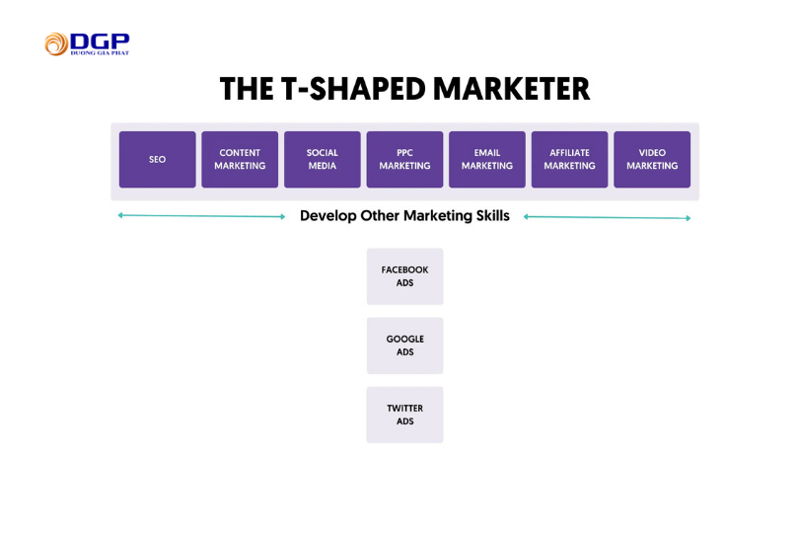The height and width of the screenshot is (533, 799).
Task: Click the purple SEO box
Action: (x=158, y=160)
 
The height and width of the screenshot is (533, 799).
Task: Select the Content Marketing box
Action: (x=240, y=160)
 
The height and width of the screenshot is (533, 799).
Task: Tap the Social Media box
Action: (x=323, y=160)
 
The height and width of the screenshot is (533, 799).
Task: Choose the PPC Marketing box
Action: (x=404, y=160)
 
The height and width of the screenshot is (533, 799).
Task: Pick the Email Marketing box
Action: (x=487, y=160)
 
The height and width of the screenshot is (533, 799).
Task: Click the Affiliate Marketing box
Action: (x=570, y=160)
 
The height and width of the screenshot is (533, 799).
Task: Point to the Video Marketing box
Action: (x=652, y=160)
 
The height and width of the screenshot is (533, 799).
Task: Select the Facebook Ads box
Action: (x=405, y=276)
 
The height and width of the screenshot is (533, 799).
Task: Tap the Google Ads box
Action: (x=405, y=345)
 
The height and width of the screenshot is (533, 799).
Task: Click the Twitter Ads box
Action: (x=405, y=415)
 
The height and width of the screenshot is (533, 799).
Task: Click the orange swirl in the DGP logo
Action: (x=56, y=44)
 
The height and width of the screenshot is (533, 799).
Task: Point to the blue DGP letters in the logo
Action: (x=100, y=41)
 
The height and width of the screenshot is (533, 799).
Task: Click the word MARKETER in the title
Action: (x=512, y=89)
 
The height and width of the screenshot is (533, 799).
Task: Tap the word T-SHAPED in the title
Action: (x=353, y=89)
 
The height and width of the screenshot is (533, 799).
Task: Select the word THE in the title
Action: (x=247, y=89)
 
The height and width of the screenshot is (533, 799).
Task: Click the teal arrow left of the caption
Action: (x=202, y=216)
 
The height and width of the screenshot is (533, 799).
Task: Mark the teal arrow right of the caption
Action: (x=607, y=217)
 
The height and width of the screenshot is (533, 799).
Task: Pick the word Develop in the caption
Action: (x=328, y=216)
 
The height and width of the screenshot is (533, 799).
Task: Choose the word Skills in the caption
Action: (x=493, y=216)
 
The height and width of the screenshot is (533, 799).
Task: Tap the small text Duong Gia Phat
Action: (x=100, y=52)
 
